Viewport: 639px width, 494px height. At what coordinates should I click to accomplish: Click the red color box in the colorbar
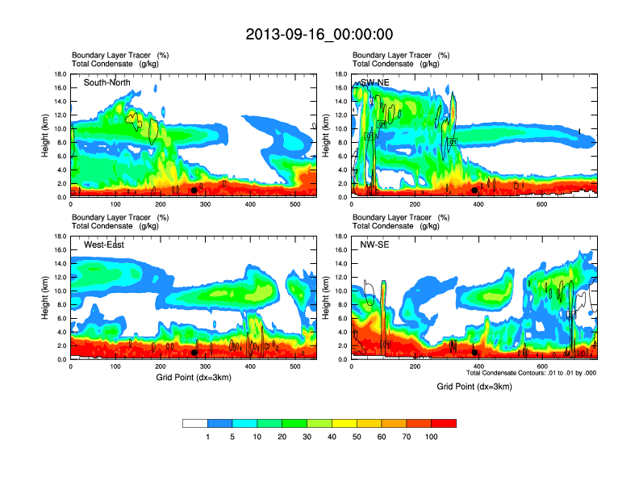tap(444, 423)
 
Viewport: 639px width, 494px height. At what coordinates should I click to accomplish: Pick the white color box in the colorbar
tap(195, 423)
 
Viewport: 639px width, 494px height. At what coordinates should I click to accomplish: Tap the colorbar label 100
tap(432, 437)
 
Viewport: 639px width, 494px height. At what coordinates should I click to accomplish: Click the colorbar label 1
tap(208, 437)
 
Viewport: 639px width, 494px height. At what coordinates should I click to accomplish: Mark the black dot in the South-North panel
tap(194, 191)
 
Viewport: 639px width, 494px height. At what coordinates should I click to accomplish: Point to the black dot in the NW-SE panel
tap(475, 353)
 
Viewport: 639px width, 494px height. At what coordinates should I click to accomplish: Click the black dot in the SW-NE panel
tap(475, 191)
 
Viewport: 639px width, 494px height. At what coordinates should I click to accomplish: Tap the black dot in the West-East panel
tap(194, 353)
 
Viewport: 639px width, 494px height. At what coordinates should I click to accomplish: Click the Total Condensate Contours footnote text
tap(531, 373)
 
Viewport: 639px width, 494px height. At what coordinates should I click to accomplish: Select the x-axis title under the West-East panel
tap(194, 378)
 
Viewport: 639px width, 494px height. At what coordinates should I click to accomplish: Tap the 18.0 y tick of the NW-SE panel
tap(340, 237)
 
